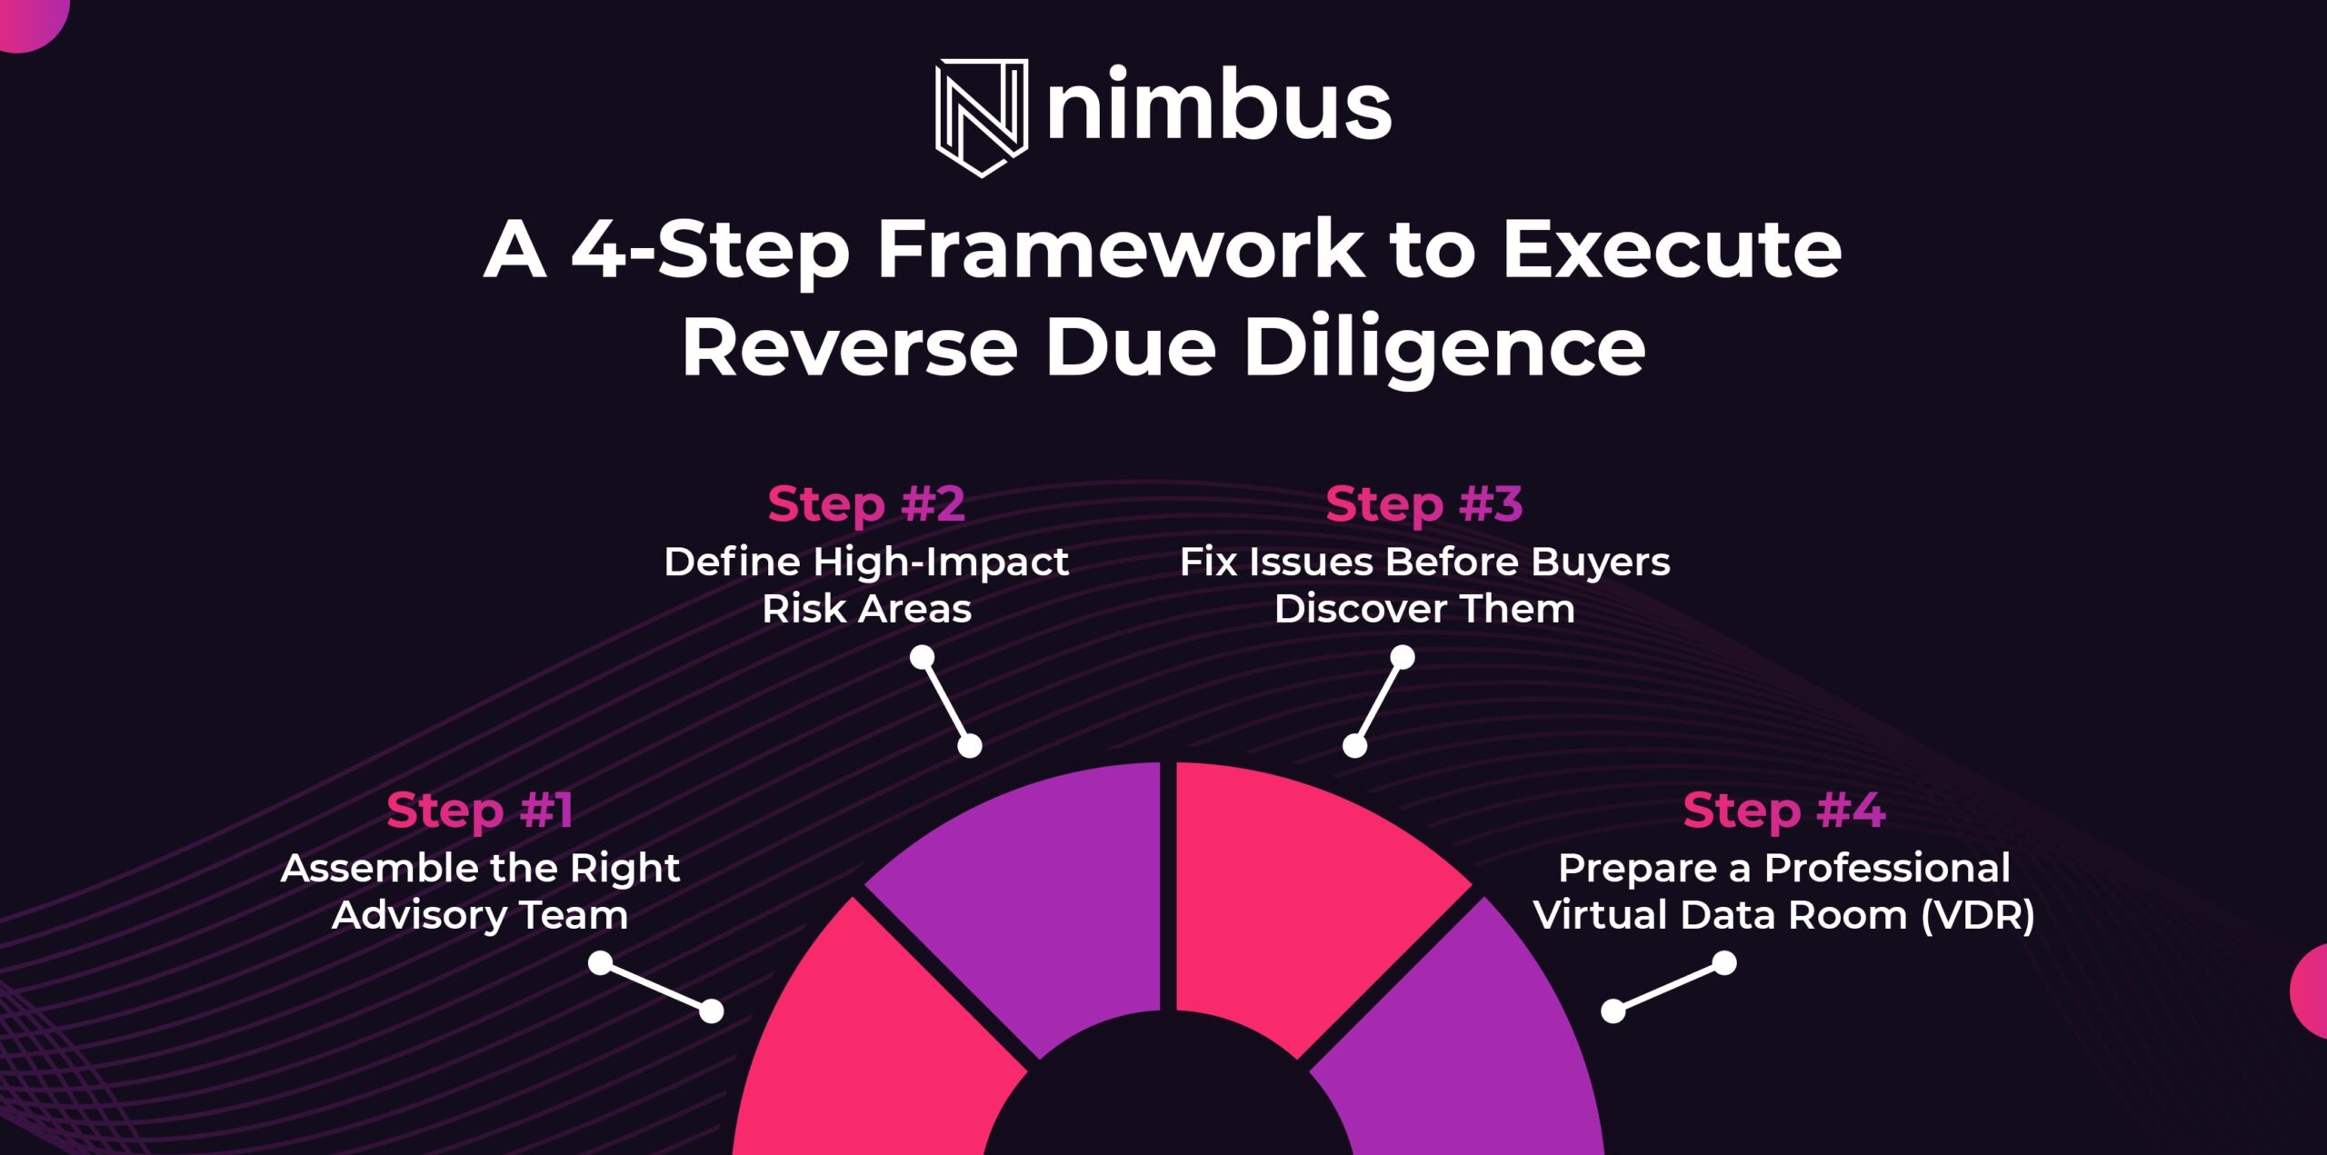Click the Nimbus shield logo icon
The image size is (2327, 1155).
(982, 116)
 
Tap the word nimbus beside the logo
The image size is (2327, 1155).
(1219, 106)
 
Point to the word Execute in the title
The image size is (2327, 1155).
(1672, 249)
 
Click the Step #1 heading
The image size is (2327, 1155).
(480, 810)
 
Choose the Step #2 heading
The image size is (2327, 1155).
(866, 503)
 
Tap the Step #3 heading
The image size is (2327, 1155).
(1423, 503)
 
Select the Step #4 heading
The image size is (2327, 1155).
(1783, 810)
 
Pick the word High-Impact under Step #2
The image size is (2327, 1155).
(941, 563)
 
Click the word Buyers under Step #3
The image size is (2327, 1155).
(1600, 562)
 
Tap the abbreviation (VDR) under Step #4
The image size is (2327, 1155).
(1978, 915)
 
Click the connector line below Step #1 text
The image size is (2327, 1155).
(656, 987)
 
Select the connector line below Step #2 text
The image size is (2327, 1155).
(946, 702)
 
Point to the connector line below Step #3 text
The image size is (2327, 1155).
(1379, 702)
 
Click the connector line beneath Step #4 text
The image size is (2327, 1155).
(1668, 987)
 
